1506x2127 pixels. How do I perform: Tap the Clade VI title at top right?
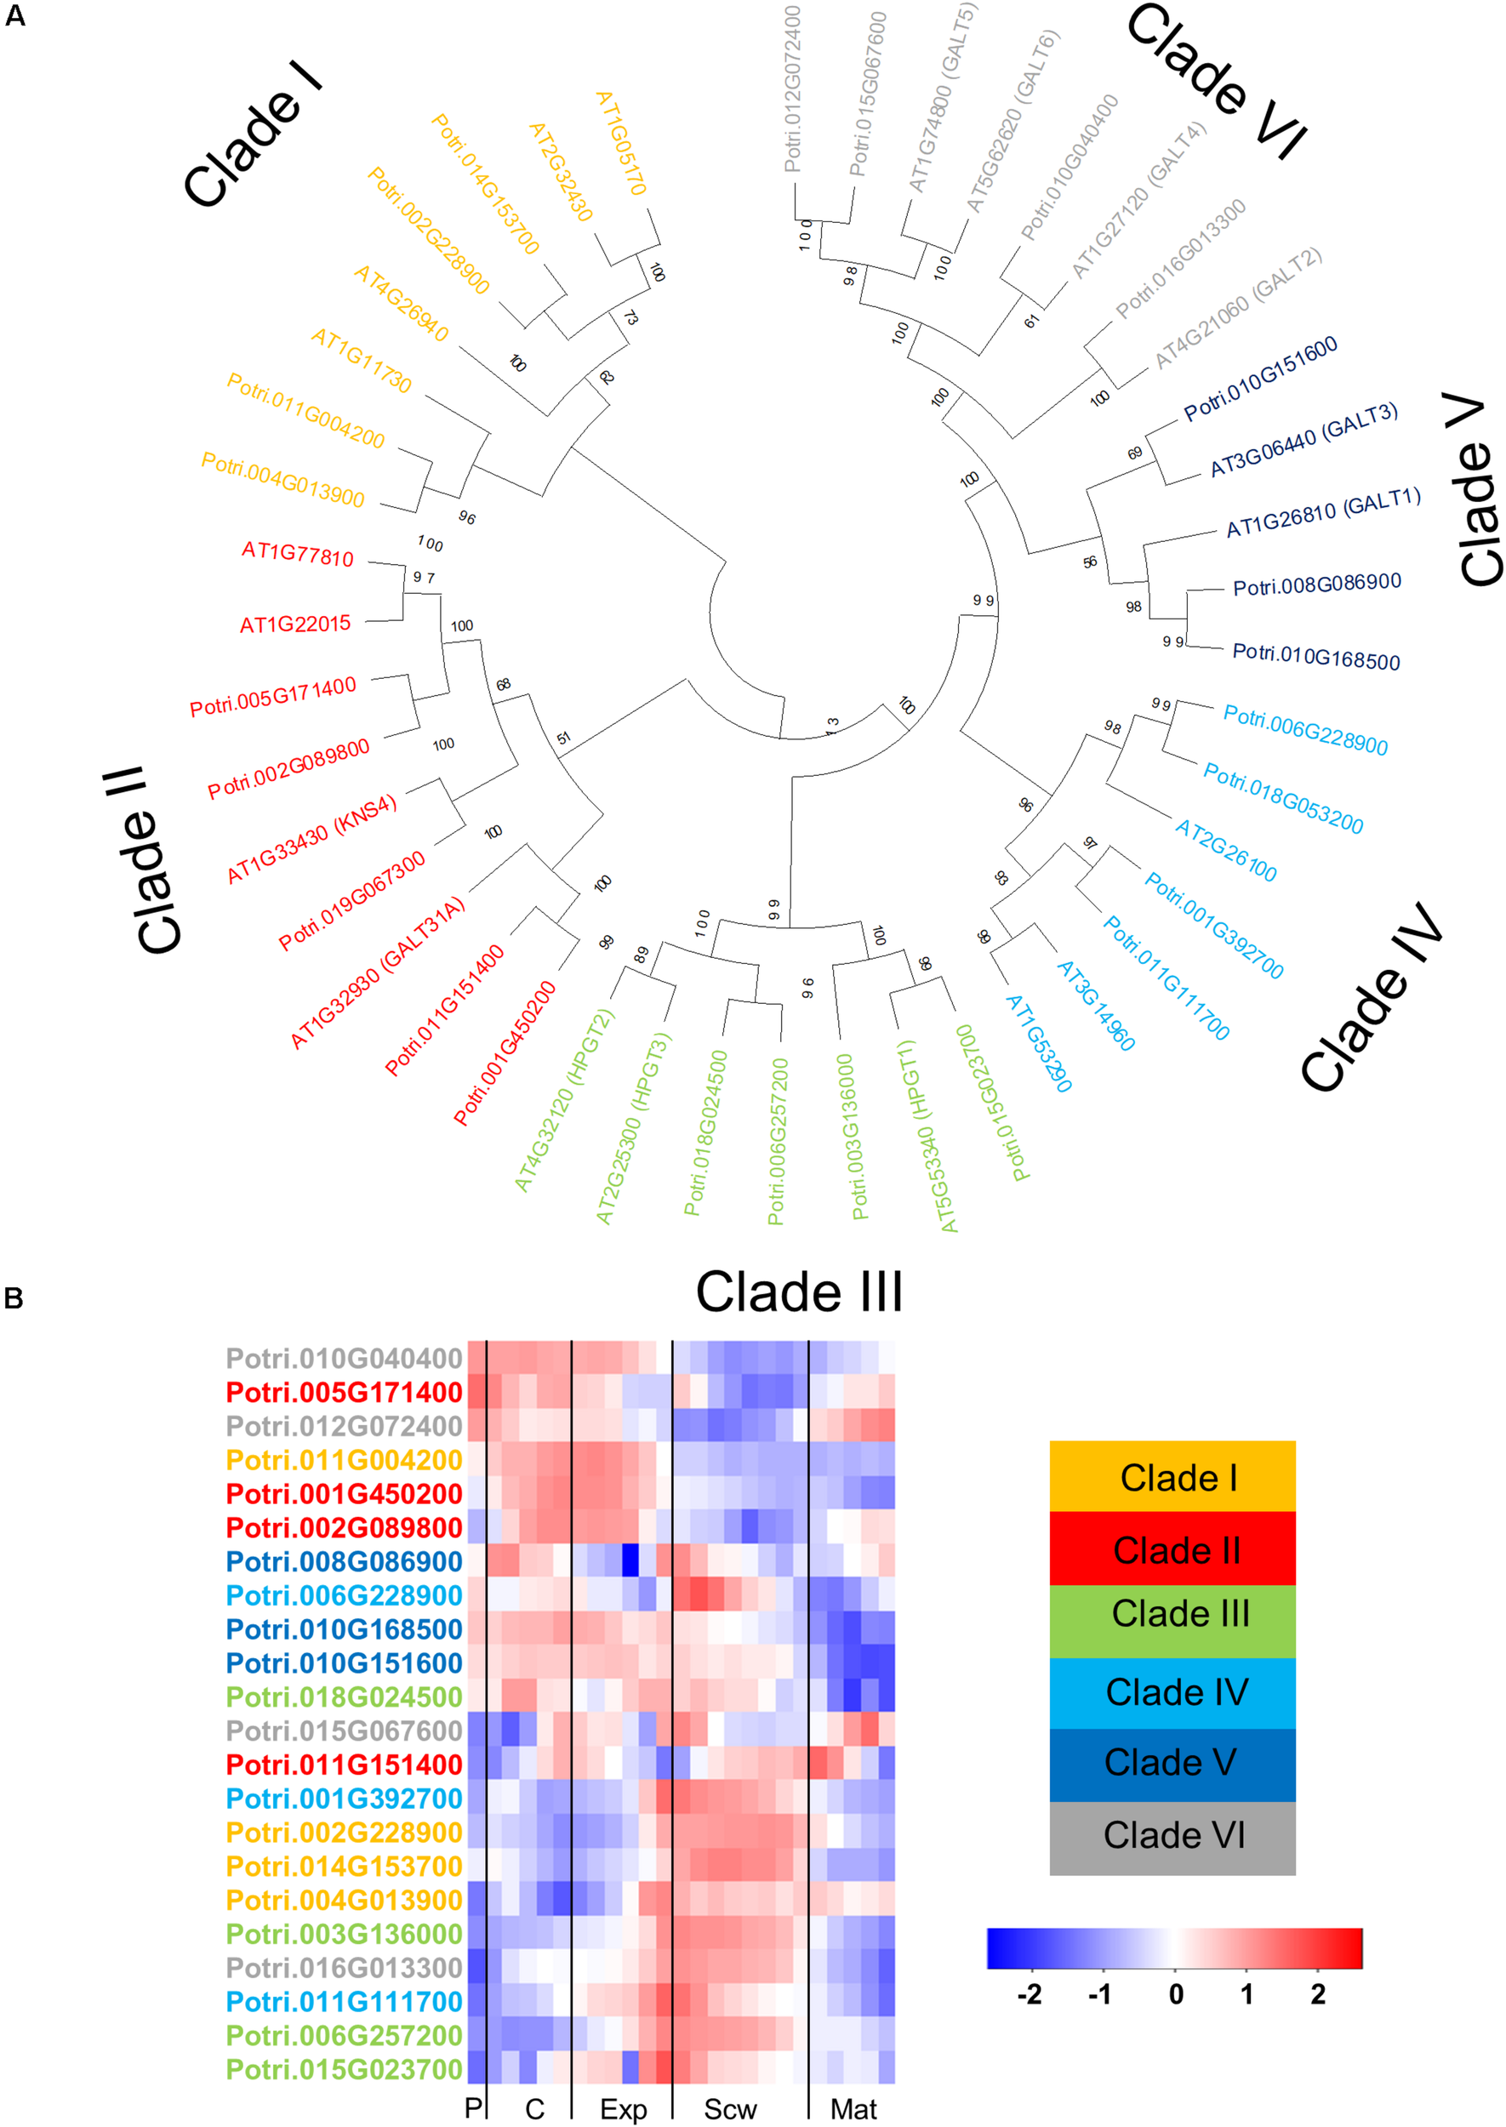[x=1216, y=80]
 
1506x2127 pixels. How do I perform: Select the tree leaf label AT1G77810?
[x=298, y=554]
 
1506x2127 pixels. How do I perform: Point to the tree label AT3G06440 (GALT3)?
[x=1303, y=440]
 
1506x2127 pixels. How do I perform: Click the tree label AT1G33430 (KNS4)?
[x=311, y=838]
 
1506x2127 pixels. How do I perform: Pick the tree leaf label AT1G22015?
[x=295, y=624]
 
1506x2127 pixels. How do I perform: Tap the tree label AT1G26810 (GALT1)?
[x=1323, y=514]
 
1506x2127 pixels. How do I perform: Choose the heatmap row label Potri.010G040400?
[x=344, y=1359]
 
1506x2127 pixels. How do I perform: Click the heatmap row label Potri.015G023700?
[x=344, y=2069]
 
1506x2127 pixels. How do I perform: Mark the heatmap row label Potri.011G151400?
[x=344, y=1765]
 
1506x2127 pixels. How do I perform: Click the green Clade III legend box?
[x=1172, y=1614]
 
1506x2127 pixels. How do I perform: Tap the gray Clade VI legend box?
[x=1172, y=1835]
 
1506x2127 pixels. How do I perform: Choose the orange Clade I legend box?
[x=1172, y=1478]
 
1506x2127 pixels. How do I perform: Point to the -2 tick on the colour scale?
[x=1029, y=1993]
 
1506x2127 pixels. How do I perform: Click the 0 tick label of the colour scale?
[x=1175, y=1993]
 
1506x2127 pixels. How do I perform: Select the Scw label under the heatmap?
[x=730, y=2109]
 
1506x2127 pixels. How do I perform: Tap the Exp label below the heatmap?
[x=623, y=2109]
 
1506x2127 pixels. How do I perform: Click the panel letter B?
[x=14, y=1298]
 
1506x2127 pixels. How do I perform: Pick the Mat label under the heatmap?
[x=853, y=2109]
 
